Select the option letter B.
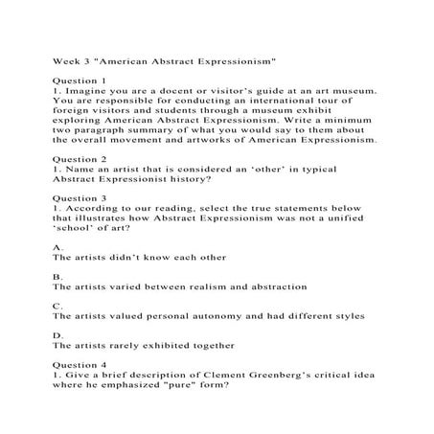click(57, 276)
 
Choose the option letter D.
click(57, 334)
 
